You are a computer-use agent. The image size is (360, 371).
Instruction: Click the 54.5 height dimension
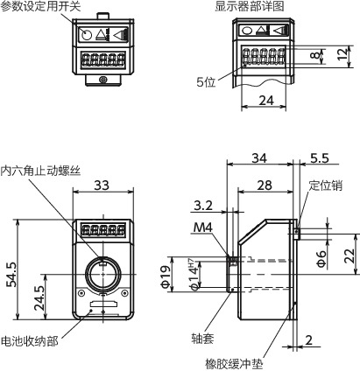pyautogui.click(x=12, y=274)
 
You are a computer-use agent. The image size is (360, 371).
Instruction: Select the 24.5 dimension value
pyautogui.click(x=39, y=297)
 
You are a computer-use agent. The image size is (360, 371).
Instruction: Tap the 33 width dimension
pyautogui.click(x=102, y=185)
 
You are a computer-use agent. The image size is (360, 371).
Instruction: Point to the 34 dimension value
pyautogui.click(x=259, y=158)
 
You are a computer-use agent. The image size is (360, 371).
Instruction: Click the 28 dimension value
pyautogui.click(x=265, y=185)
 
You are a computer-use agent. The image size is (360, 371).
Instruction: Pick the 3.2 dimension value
pyautogui.click(x=203, y=206)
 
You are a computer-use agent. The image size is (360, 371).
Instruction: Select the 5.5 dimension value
pyautogui.click(x=320, y=158)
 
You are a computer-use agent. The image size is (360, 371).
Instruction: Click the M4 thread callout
pyautogui.click(x=203, y=227)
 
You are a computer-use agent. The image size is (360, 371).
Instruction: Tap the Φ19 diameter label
pyautogui.click(x=166, y=276)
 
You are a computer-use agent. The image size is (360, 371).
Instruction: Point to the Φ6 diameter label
pyautogui.click(x=321, y=258)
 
